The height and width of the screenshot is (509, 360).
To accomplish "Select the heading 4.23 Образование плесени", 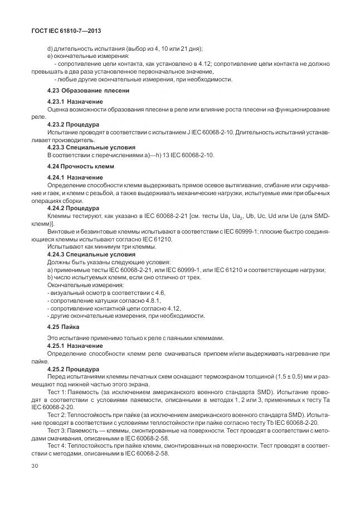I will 88,90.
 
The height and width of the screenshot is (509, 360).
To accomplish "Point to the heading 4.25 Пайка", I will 63,327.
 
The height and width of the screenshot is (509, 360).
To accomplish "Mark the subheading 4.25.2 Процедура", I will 72,369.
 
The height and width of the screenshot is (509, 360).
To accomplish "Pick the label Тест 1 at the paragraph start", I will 57,392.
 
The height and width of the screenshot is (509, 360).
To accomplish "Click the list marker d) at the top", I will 50,49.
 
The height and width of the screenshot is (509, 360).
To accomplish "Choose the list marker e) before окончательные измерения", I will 50,56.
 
